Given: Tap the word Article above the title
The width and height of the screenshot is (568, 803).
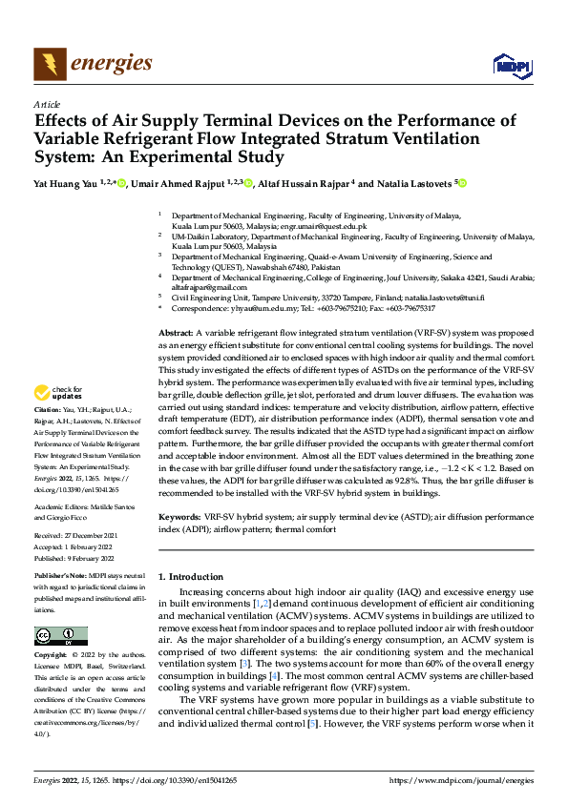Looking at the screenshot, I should pos(47,104).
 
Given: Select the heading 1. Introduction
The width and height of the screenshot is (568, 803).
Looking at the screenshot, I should pos(190,577).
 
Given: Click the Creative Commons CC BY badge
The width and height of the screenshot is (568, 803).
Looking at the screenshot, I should pos(60,635).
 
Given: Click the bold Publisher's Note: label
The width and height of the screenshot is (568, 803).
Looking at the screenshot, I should pos(62,577).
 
